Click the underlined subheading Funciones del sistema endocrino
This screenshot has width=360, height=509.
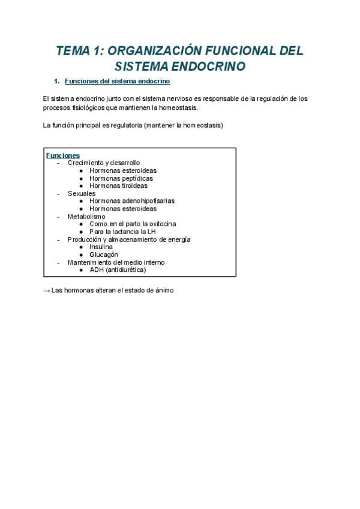pos(118,81)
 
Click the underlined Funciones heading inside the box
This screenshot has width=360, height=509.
pos(63,155)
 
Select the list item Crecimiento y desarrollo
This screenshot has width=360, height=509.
pos(104,163)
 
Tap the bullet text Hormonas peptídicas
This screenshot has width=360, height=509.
pos(121,178)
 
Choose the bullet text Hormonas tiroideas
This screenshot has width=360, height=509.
pos(118,186)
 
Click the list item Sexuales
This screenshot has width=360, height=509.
pos(82,194)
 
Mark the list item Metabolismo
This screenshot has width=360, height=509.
pos(86,216)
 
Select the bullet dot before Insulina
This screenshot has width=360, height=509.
pos(81,247)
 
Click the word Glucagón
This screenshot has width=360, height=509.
pos(104,254)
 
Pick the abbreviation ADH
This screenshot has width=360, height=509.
pos(97,270)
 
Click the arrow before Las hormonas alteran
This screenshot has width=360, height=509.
pos(47,291)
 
